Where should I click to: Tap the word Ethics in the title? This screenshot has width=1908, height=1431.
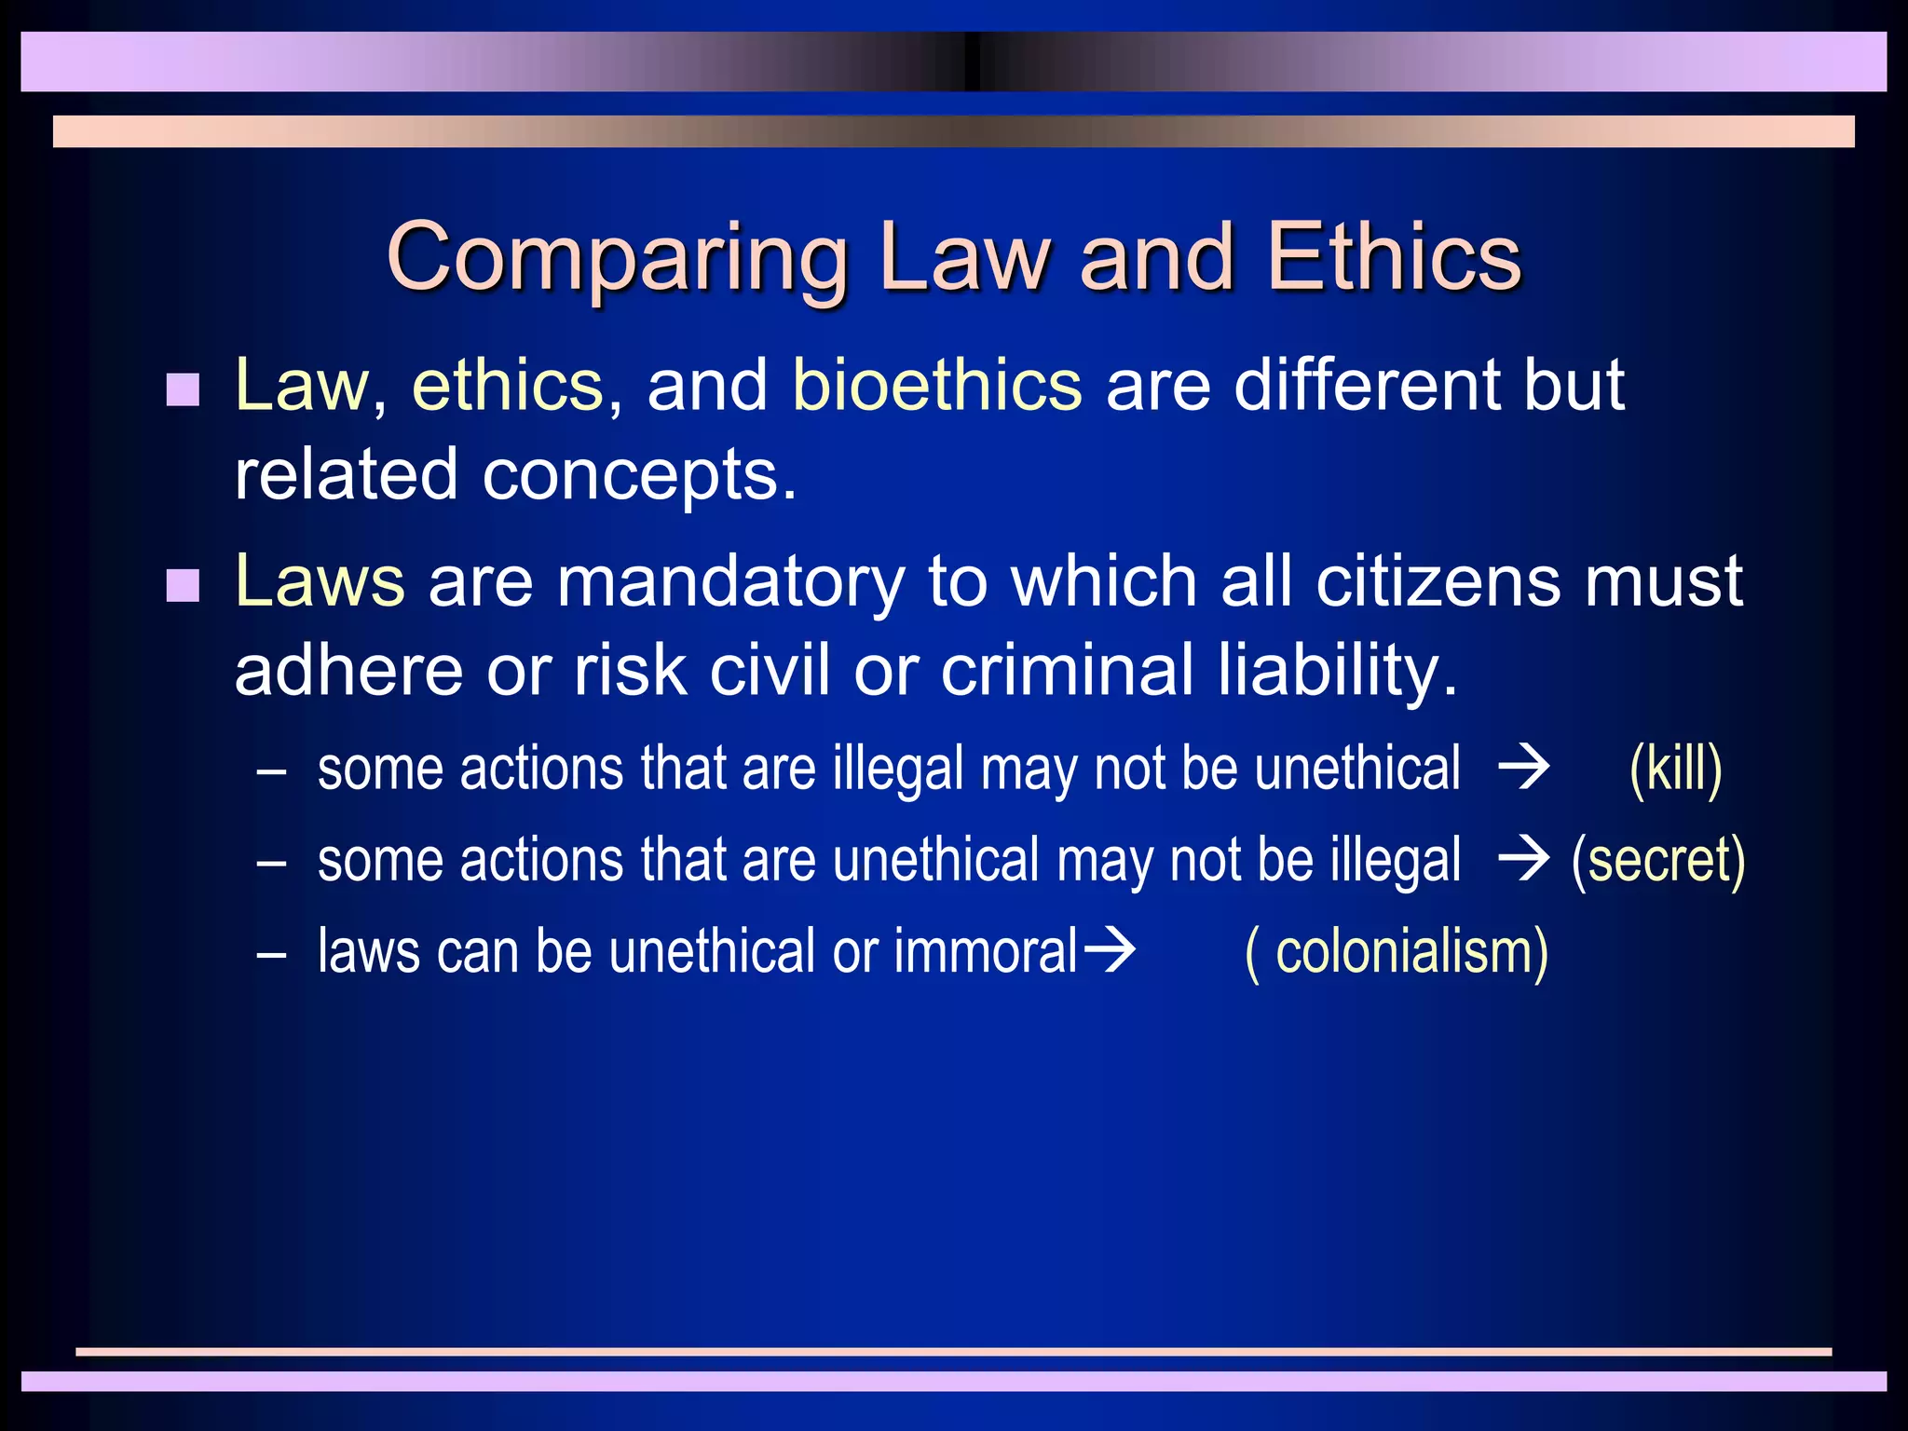[x=1394, y=256]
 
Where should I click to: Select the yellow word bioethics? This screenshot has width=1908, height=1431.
[x=937, y=385]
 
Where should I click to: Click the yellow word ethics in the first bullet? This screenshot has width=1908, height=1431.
[x=508, y=385]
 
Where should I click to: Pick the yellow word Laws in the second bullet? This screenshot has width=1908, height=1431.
[x=320, y=581]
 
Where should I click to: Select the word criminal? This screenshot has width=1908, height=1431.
[x=1067, y=670]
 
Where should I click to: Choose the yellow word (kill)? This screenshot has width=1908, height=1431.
[x=1675, y=770]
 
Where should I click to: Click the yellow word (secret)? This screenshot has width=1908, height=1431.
[x=1657, y=860]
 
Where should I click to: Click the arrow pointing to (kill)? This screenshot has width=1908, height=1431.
[x=1523, y=770]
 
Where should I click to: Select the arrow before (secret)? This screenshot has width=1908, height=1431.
[x=1523, y=860]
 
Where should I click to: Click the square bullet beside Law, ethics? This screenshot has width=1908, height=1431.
[x=183, y=389]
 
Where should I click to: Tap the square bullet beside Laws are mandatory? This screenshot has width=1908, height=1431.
[x=183, y=586]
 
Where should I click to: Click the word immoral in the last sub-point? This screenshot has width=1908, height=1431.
[x=986, y=951]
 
